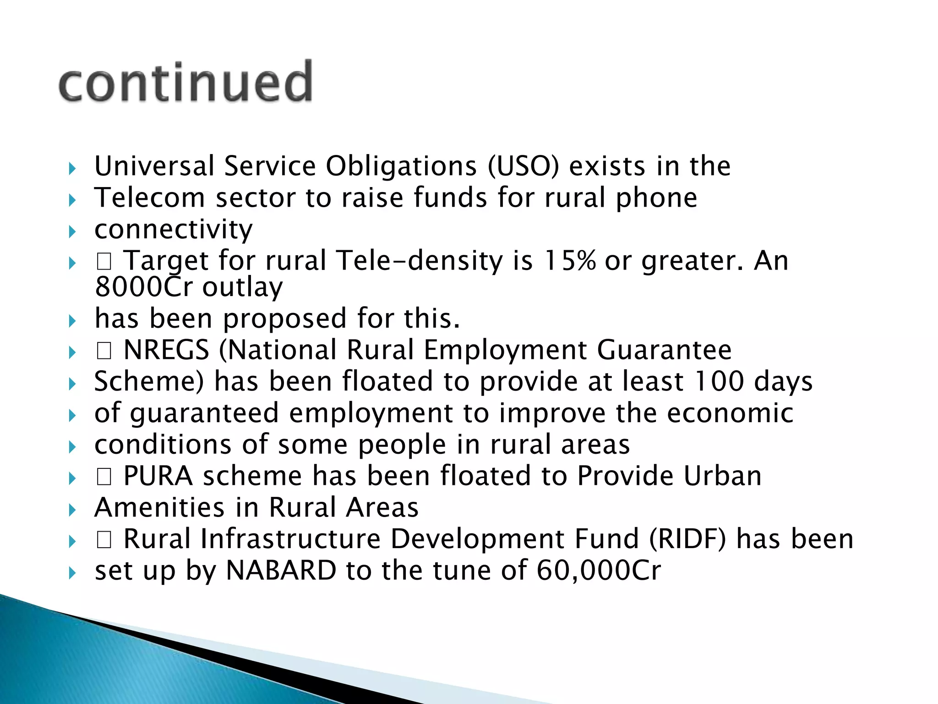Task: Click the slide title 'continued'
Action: tap(185, 82)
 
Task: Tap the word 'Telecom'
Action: tap(149, 198)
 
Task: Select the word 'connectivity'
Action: tap(174, 229)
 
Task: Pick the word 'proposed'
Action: tap(285, 319)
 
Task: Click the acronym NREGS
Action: tap(166, 350)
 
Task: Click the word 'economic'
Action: tap(730, 413)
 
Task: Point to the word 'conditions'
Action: tap(163, 445)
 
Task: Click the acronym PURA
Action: tap(158, 476)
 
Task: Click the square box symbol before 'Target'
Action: tap(104, 262)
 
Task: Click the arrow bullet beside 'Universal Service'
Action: tap(72, 169)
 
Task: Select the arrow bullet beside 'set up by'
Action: tap(72, 573)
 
